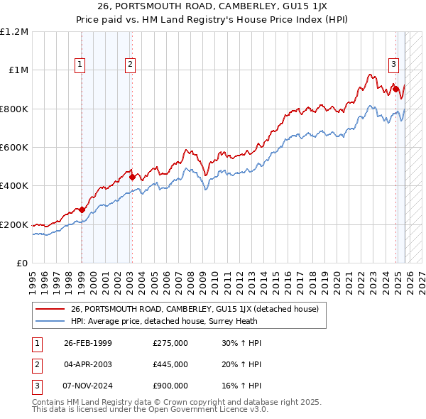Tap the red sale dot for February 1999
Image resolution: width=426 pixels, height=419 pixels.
pos(82,209)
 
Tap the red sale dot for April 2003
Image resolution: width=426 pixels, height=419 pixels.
pos(132,177)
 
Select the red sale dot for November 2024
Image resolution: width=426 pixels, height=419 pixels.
pos(395,89)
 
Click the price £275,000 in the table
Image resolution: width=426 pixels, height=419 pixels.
pos(170,343)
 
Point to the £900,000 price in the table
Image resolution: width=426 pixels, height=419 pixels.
pos(170,386)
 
